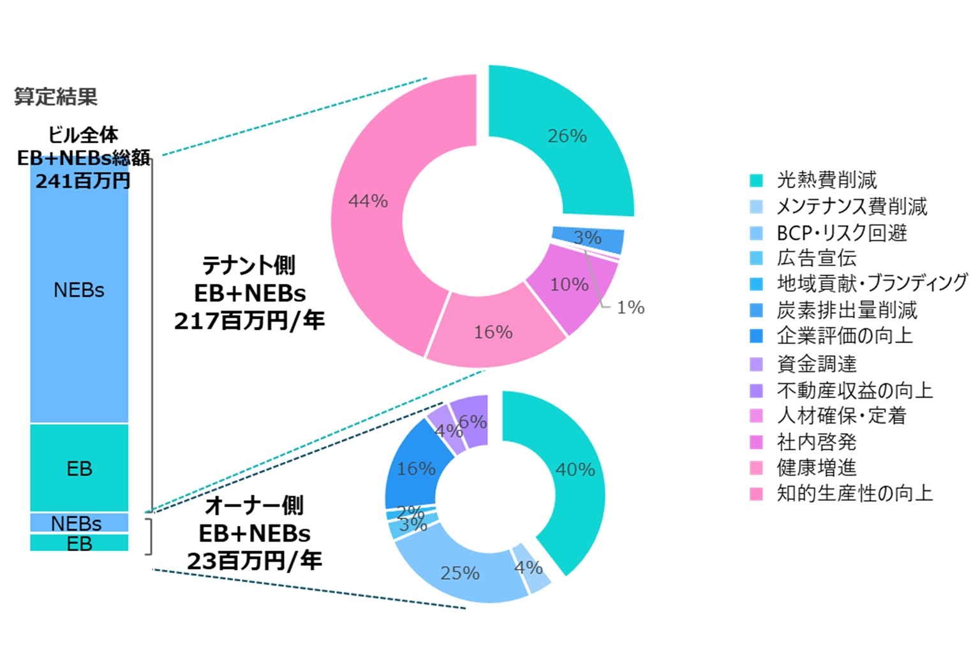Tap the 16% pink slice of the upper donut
click(x=493, y=332)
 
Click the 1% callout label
click(x=630, y=307)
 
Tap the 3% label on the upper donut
click(x=587, y=238)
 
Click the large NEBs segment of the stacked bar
click(x=79, y=290)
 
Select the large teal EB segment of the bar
click(x=79, y=469)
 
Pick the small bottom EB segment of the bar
click(x=79, y=544)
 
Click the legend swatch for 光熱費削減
click(x=756, y=180)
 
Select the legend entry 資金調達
click(x=816, y=364)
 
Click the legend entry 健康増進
click(x=816, y=468)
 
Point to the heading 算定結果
click(x=56, y=97)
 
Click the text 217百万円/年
click(x=249, y=321)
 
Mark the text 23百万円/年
click(x=254, y=561)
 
